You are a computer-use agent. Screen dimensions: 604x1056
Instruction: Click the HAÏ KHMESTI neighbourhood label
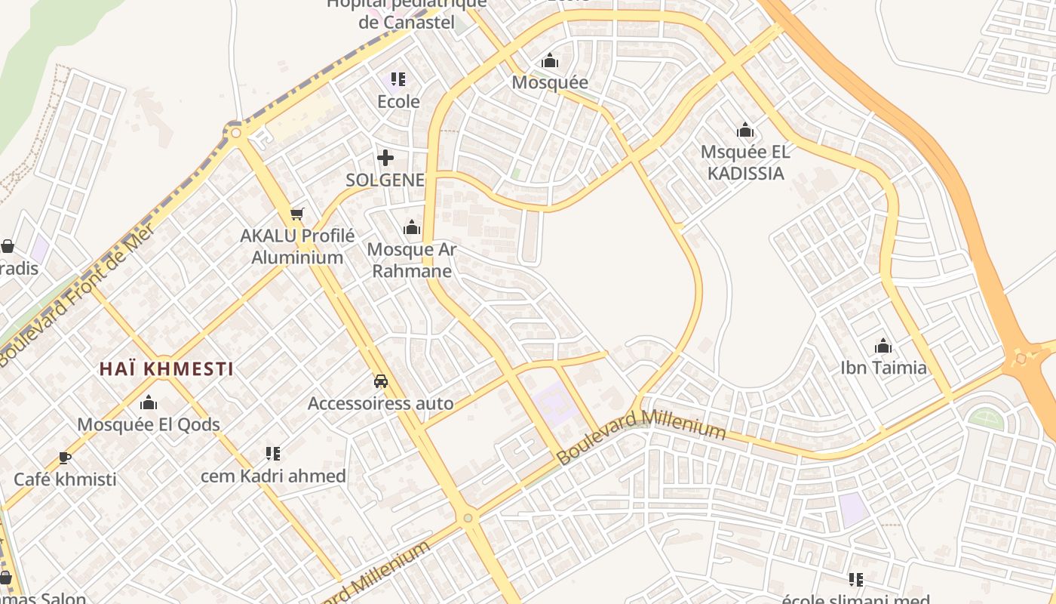[166, 369]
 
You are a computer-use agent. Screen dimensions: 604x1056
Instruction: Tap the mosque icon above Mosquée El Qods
[149, 402]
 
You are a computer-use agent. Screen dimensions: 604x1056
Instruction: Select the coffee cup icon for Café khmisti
[65, 458]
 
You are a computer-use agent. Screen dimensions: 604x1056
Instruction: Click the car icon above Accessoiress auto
[381, 381]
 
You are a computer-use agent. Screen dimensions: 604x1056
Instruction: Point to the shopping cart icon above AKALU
[297, 214]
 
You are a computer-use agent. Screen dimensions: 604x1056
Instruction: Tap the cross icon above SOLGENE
[385, 158]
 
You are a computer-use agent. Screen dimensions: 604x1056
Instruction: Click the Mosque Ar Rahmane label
[412, 260]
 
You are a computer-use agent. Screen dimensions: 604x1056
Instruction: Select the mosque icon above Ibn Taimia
[883, 347]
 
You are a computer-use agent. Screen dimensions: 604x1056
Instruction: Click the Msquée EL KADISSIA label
[745, 162]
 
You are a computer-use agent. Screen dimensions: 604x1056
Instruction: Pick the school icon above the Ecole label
[398, 79]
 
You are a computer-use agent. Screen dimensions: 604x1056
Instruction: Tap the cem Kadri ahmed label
[273, 476]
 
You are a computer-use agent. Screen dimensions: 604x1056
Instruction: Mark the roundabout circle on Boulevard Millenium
[468, 518]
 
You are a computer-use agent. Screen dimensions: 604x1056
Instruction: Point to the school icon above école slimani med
[855, 580]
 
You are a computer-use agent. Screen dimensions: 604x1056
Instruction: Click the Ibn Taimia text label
[883, 368]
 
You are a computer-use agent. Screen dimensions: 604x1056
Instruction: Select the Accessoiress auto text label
[381, 403]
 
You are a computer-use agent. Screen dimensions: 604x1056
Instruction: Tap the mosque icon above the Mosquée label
[550, 60]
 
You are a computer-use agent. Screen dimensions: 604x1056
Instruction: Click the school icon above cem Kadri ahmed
[273, 454]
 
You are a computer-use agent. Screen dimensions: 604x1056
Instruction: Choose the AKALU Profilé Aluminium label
[297, 246]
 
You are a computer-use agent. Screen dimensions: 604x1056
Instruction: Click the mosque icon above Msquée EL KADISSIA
[745, 130]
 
